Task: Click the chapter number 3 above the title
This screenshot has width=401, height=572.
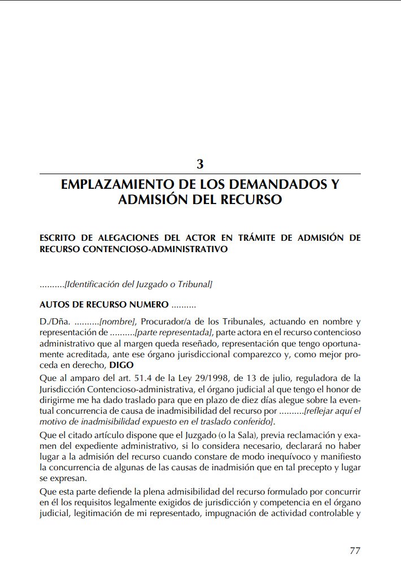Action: coord(200,164)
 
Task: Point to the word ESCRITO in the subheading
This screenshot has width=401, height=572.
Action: coord(58,238)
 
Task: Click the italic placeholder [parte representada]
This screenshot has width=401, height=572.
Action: coord(174,332)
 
